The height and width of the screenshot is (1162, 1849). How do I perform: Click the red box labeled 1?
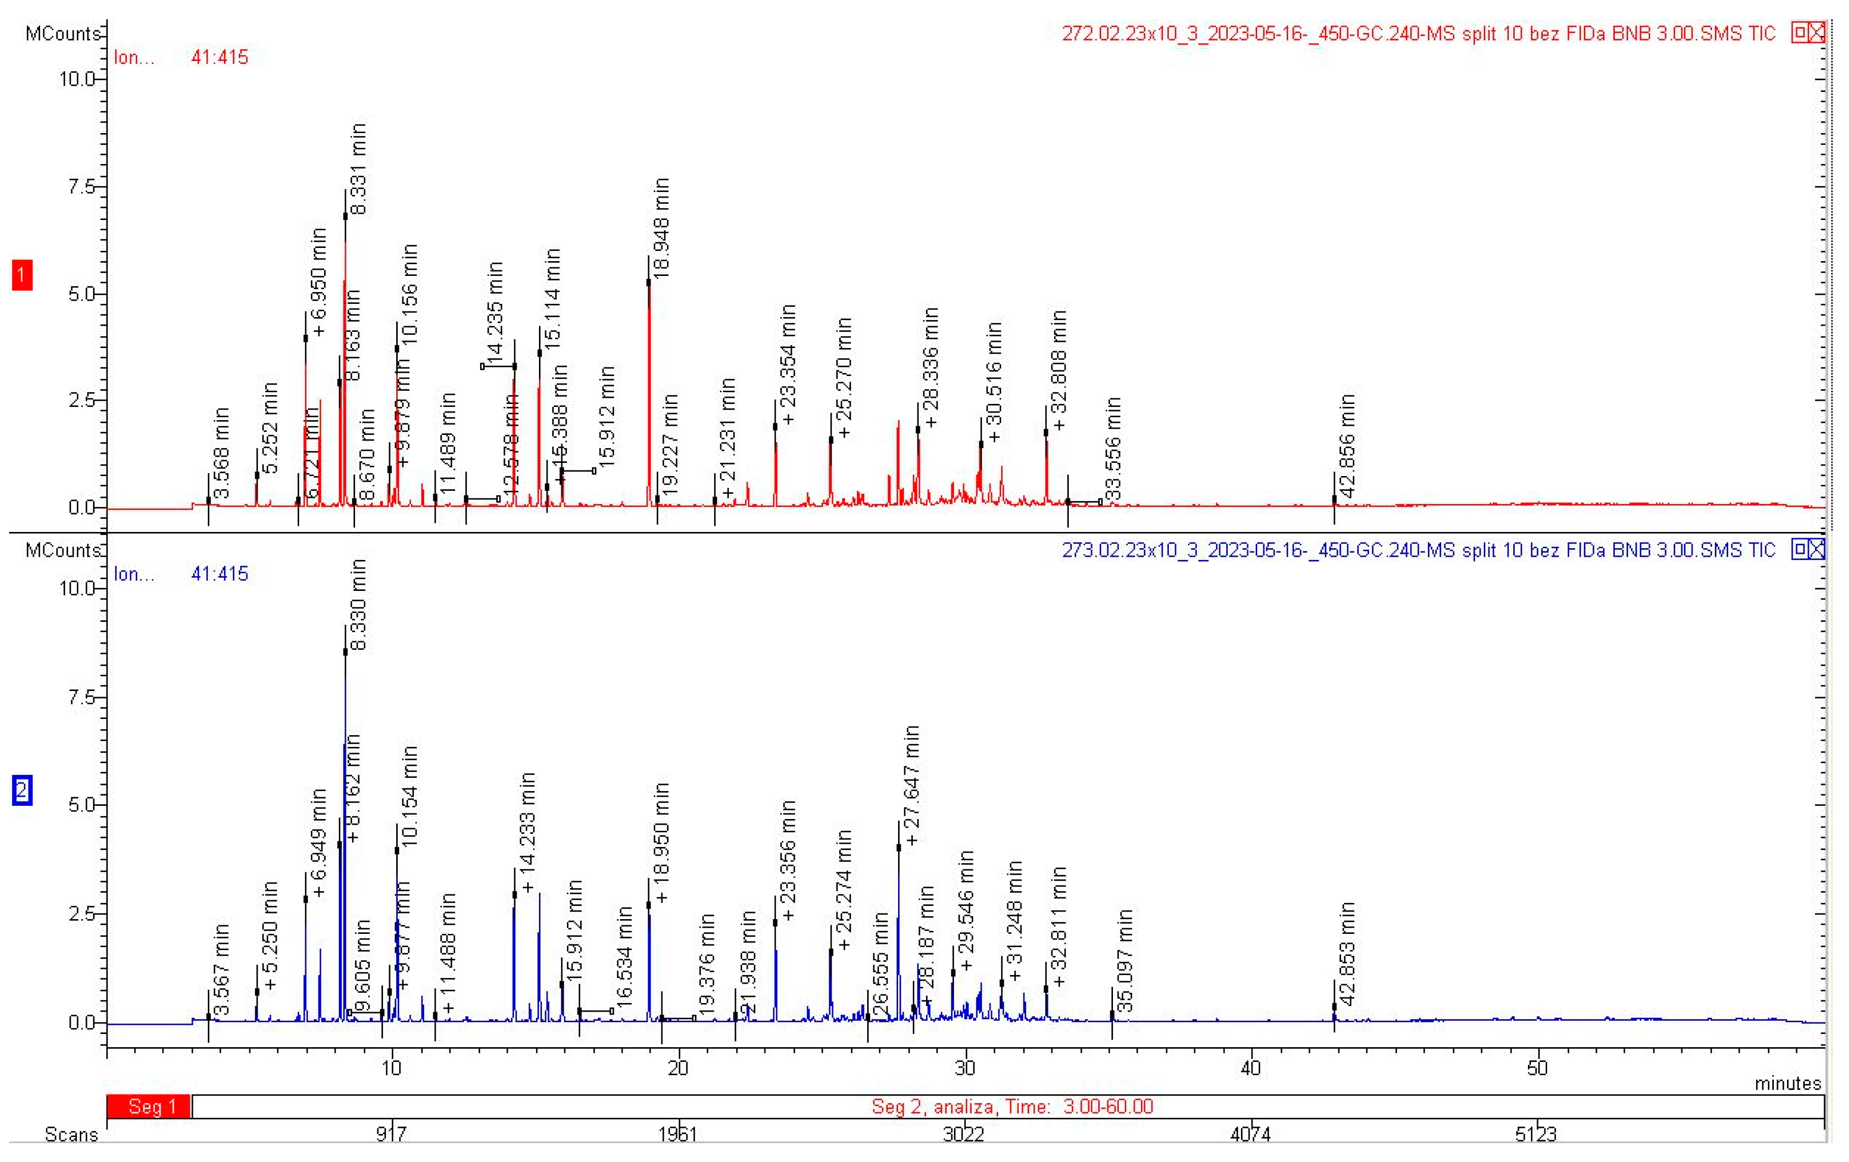(21, 275)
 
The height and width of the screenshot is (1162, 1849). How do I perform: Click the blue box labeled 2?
(21, 790)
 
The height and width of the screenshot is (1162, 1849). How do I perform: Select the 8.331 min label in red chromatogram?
(358, 169)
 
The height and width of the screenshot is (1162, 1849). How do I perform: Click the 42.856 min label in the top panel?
(1347, 446)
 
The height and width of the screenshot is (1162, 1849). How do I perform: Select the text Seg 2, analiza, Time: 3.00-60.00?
(1011, 1106)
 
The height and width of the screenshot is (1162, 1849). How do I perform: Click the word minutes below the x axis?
(1787, 1083)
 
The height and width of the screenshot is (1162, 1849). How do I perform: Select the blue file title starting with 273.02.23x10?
(1417, 550)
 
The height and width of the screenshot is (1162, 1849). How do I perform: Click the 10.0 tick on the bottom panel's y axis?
(76, 588)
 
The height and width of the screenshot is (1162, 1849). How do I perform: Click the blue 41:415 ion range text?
(219, 574)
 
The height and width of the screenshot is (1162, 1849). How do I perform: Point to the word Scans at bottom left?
(71, 1135)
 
